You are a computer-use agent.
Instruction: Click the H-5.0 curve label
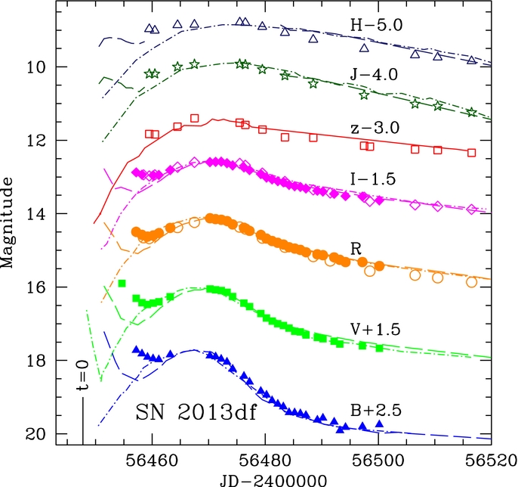[377, 24]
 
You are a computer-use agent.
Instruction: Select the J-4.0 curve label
[377, 76]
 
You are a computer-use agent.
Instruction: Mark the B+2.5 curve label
[376, 411]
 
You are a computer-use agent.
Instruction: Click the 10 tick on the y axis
[35, 67]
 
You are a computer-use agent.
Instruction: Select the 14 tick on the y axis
[35, 214]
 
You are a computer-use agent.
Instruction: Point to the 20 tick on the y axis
[35, 434]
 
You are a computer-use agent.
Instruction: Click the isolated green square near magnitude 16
[122, 284]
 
